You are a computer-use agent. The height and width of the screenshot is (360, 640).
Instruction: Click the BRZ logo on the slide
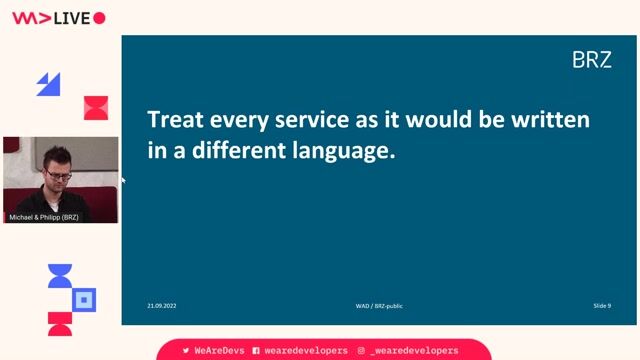(x=591, y=60)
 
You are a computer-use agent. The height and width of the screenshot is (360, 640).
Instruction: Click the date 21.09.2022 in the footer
(x=161, y=305)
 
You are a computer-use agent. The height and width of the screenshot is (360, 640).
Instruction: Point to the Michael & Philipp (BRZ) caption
(x=44, y=217)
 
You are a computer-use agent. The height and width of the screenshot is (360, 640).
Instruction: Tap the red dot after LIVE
(x=99, y=18)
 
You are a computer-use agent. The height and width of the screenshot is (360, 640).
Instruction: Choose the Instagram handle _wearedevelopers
(x=413, y=351)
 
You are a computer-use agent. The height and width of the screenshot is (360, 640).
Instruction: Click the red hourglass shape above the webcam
(x=96, y=108)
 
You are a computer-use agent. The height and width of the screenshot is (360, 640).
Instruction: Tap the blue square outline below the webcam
(x=85, y=298)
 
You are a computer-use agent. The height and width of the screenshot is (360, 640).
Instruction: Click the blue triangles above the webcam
(x=48, y=84)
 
